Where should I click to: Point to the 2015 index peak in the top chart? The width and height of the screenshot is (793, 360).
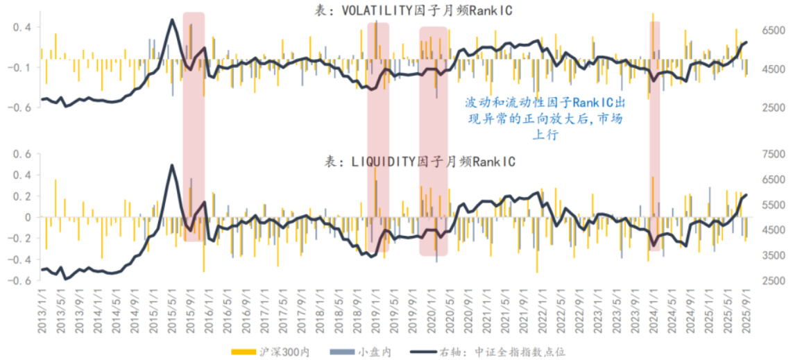click(172, 19)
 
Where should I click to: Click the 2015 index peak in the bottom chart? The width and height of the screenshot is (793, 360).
click(172, 165)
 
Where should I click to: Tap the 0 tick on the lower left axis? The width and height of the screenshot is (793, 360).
click(28, 217)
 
